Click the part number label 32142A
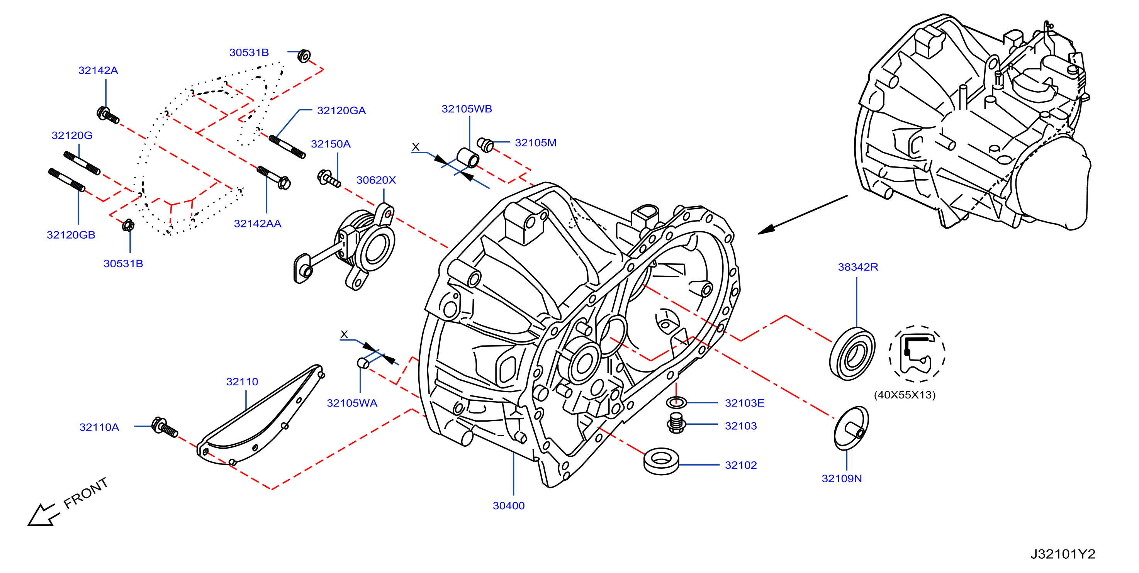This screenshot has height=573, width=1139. tap(98, 70)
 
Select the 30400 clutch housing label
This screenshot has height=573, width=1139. tap(509, 505)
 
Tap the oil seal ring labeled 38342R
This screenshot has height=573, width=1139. tap(852, 353)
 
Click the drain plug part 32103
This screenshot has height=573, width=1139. tap(676, 423)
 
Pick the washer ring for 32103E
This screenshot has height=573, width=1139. tap(676, 402)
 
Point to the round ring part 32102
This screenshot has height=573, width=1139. tap(662, 461)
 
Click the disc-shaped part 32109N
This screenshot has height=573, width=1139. tap(851, 428)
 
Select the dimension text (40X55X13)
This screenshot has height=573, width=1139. tap(905, 395)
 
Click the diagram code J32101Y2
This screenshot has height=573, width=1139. tap(1063, 554)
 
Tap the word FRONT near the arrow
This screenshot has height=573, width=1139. tap(86, 493)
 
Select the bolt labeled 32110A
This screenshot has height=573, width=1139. tap(165, 427)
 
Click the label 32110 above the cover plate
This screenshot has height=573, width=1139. tap(242, 381)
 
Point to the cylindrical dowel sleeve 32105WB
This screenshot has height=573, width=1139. tap(467, 158)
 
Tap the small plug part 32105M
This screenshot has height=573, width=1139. tap(485, 144)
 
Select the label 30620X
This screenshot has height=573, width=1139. tap(376, 180)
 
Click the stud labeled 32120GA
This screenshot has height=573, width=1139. tap(287, 147)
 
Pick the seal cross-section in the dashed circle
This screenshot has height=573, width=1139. tap(917, 354)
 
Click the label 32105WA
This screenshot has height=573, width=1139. tap(352, 403)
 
